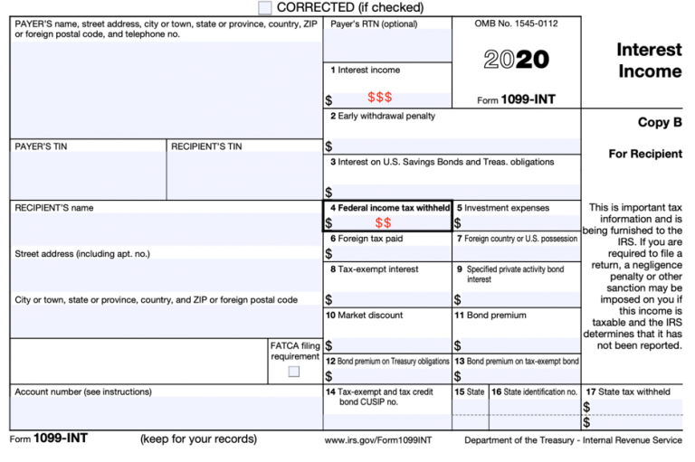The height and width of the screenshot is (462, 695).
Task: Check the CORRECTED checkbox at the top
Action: coord(265,7)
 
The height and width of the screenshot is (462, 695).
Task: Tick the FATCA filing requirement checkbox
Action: coord(294,371)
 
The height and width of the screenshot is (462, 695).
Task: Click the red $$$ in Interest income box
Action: coord(379,98)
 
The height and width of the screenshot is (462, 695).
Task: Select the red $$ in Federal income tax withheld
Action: coord(383,222)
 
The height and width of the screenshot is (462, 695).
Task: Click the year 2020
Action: coord(516,60)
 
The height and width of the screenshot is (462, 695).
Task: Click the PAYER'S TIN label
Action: coord(41,146)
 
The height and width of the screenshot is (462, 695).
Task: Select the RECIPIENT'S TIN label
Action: coord(206,146)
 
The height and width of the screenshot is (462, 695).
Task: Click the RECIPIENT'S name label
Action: coord(54,208)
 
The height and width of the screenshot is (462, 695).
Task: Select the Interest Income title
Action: coord(649,61)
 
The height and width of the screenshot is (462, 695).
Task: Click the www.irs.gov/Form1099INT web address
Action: coord(378,440)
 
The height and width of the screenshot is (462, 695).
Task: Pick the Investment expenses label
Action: coord(507,208)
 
